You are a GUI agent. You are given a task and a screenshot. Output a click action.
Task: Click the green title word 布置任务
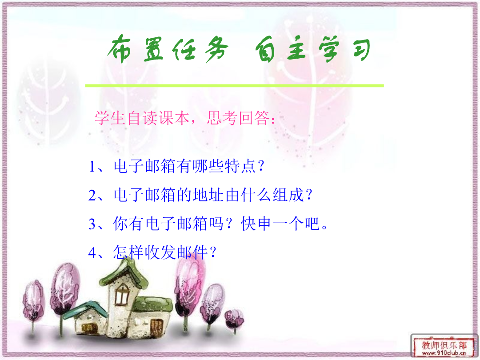[x=168, y=49]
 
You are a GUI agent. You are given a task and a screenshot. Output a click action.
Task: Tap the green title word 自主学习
[x=313, y=49]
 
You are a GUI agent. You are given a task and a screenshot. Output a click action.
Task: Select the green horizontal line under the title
[x=235, y=86]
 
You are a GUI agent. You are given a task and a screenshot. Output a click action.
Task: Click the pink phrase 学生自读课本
[x=142, y=118]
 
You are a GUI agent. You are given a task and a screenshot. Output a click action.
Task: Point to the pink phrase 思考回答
[x=238, y=118]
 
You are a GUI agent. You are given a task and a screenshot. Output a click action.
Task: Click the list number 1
[x=92, y=167]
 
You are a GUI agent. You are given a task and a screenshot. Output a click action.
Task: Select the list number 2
[x=92, y=195]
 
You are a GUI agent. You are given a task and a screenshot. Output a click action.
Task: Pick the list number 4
[x=92, y=253]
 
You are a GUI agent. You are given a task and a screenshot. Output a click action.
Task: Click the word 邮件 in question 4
[x=192, y=252]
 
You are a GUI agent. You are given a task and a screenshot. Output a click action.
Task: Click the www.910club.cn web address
[x=444, y=353]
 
